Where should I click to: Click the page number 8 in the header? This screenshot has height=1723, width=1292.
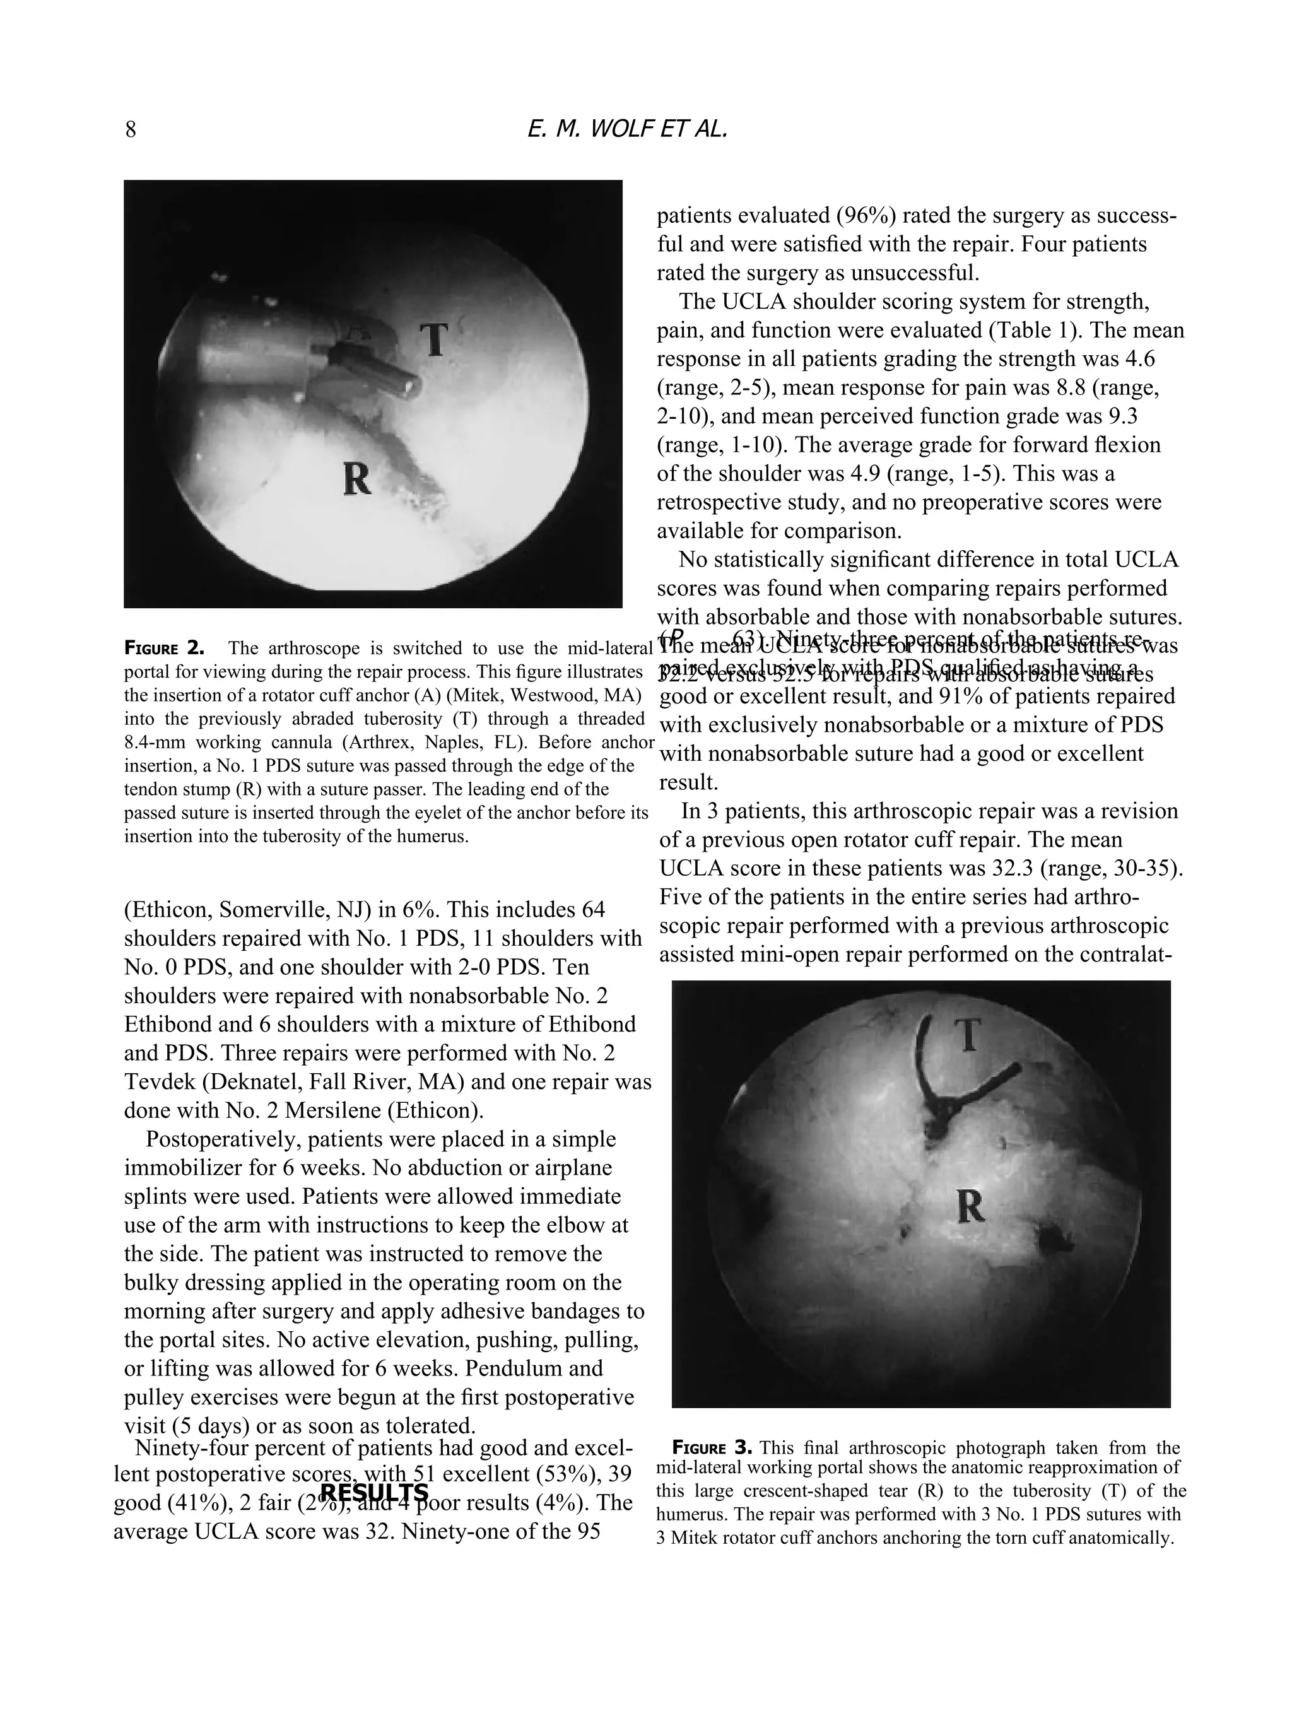(x=131, y=129)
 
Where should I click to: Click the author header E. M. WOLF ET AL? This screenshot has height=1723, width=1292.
(x=628, y=129)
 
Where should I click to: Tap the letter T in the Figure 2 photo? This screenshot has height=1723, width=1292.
(x=435, y=341)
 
